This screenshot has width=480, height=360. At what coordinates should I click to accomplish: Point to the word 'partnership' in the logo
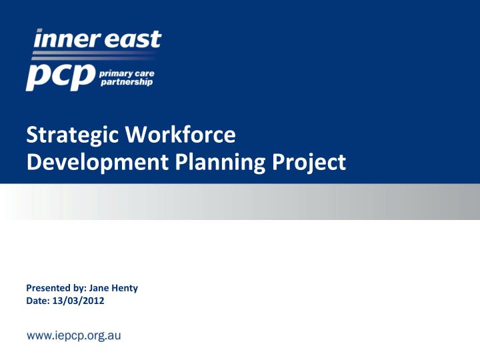[125, 83]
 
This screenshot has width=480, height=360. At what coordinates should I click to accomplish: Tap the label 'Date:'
[37, 301]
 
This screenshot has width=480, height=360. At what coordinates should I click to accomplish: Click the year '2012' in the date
[93, 301]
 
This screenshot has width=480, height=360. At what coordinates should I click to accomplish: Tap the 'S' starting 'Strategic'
[31, 136]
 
